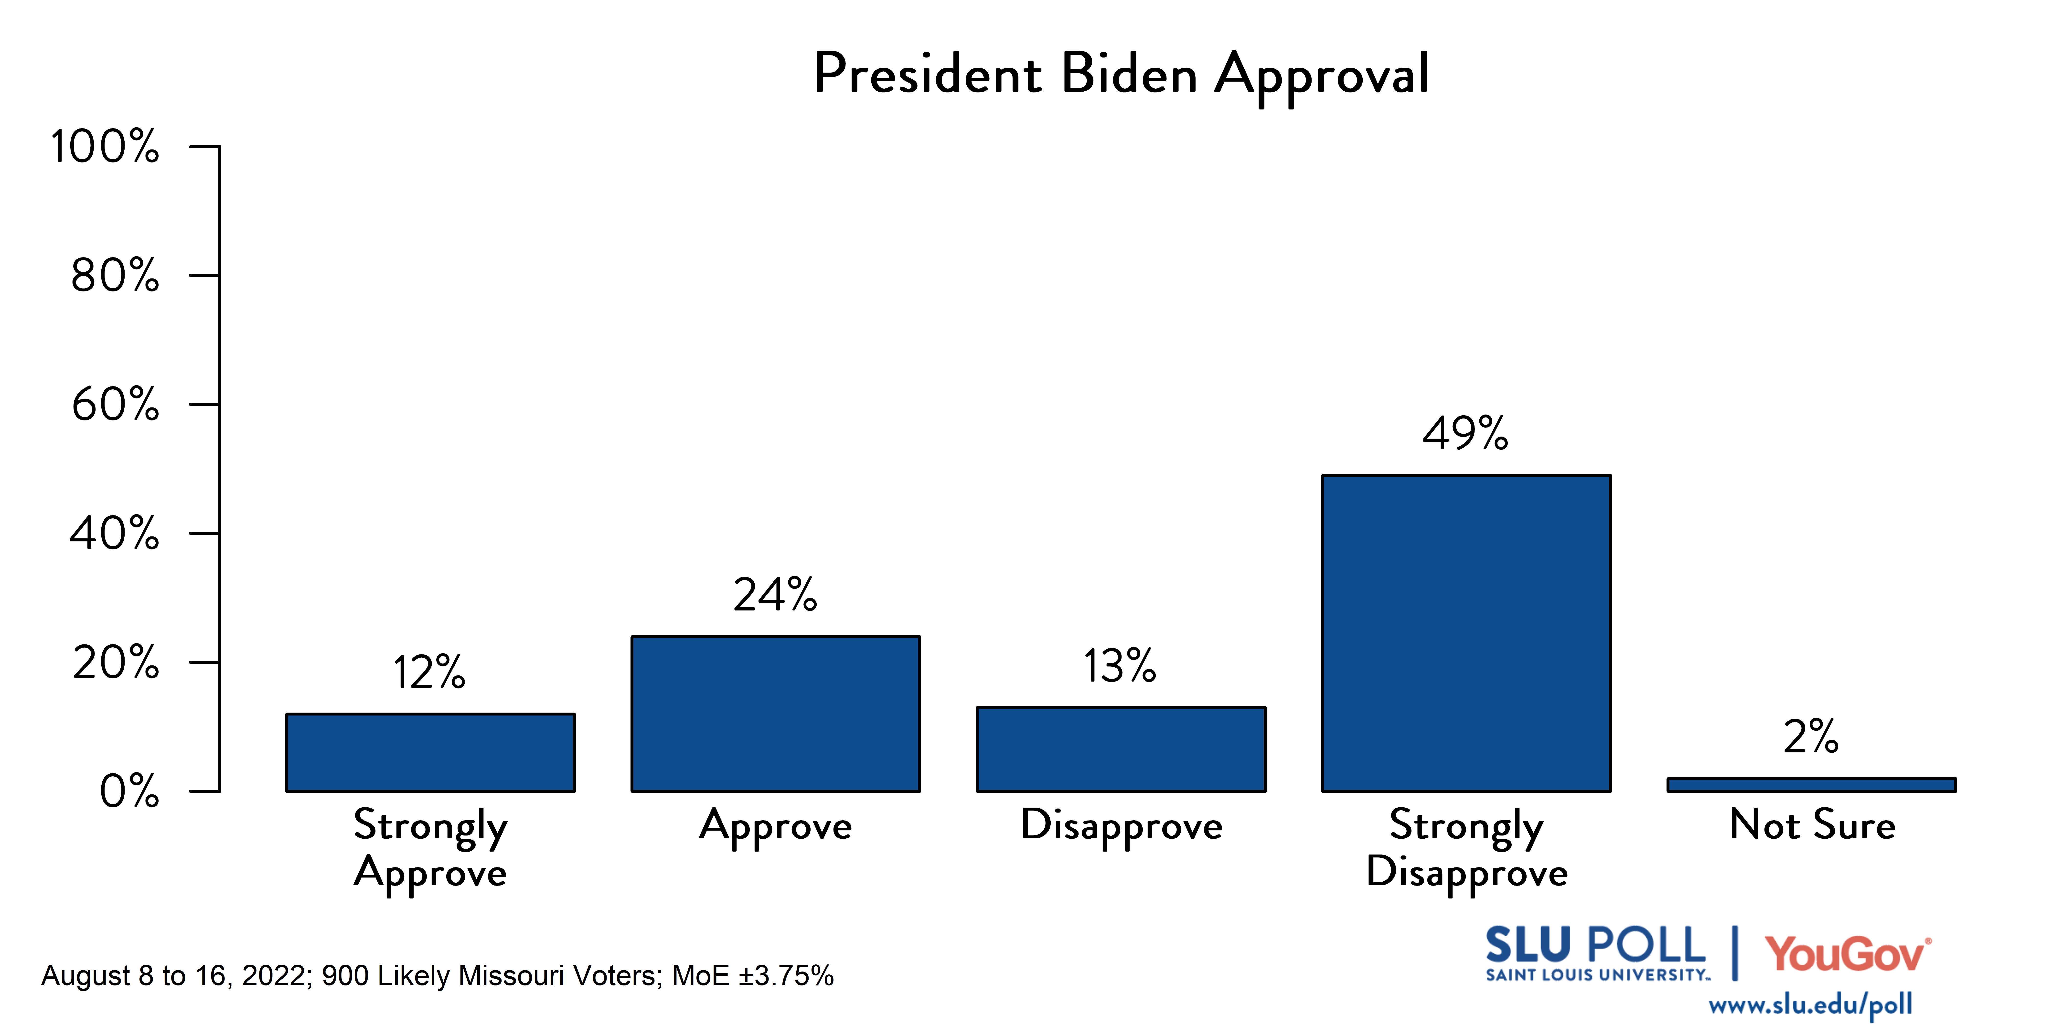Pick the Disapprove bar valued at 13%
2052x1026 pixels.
pos(1121,749)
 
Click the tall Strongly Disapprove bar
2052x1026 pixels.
pos(1466,633)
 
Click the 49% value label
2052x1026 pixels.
pos(1466,434)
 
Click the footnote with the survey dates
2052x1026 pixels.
pos(437,976)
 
